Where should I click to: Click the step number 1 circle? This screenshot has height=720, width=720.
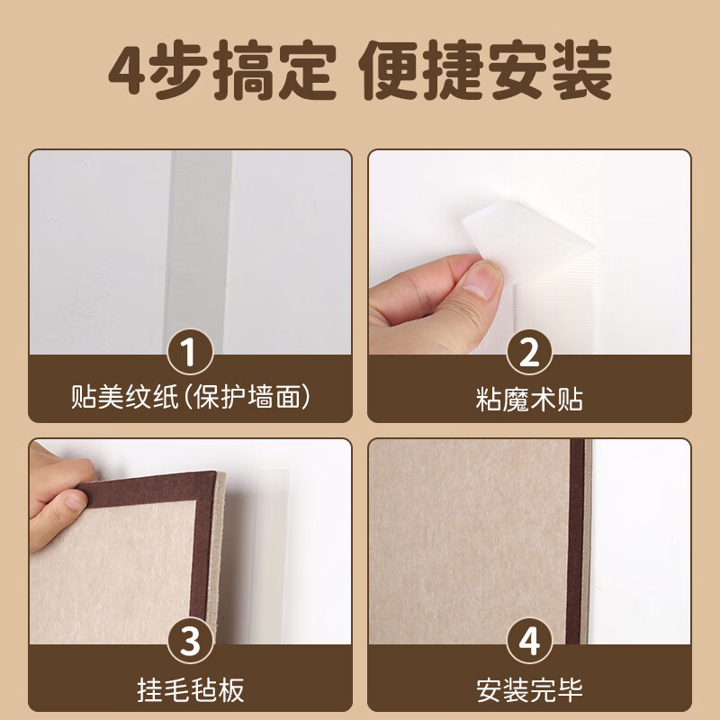tap(189, 352)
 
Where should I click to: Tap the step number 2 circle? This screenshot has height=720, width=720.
tap(529, 352)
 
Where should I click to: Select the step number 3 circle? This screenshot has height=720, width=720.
tap(189, 642)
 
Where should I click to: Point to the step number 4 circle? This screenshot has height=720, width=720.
tap(529, 642)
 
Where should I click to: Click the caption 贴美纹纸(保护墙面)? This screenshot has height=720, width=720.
tap(189, 397)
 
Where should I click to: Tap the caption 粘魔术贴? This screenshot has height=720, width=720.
tap(529, 398)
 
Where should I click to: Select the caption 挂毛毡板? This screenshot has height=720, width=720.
tap(189, 690)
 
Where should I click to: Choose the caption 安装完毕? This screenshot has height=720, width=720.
tap(529, 690)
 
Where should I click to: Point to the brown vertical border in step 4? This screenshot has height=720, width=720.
tap(575, 540)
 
